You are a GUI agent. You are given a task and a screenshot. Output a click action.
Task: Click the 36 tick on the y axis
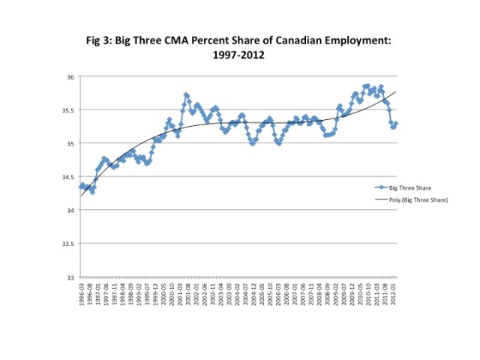coord(70,76)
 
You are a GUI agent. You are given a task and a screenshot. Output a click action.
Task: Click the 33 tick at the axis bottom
coord(70,277)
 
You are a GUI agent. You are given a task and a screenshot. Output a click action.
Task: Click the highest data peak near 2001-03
coord(186,95)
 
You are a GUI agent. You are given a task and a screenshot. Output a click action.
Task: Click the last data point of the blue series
coord(396,124)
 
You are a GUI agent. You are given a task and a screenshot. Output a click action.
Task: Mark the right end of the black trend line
coord(396,91)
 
